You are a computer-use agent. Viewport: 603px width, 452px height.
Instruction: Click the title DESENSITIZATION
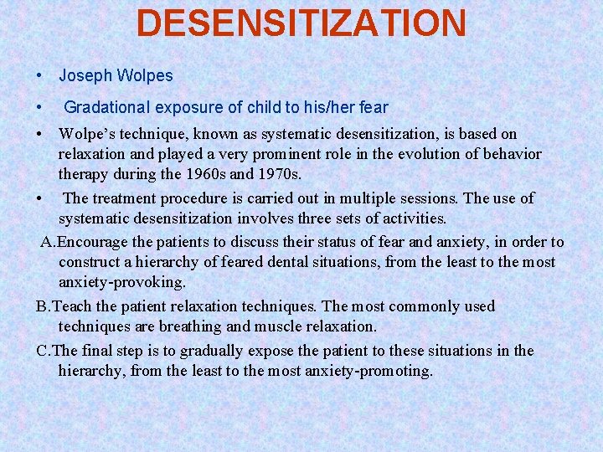tap(301, 23)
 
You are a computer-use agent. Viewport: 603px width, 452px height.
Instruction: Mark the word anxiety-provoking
tap(121, 283)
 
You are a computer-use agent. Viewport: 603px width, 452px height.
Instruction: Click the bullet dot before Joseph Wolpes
tap(40, 76)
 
